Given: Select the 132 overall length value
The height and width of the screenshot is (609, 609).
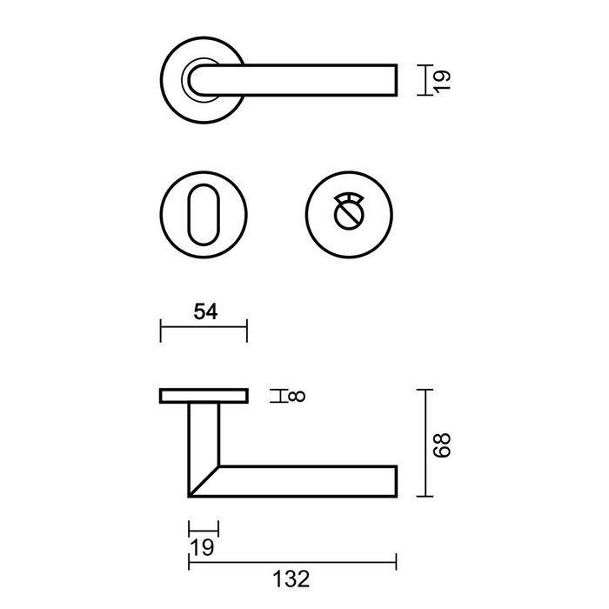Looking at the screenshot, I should click(291, 576).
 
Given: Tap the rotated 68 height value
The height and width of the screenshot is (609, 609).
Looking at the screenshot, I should click(444, 443).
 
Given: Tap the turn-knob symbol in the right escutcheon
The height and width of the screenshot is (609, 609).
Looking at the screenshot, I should click(348, 211).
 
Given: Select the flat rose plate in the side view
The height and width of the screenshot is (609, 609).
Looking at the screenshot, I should click(204, 397).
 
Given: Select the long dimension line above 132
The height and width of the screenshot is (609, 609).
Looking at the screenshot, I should click(291, 557).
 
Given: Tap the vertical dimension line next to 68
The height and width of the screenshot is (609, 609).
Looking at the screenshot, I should click(425, 443).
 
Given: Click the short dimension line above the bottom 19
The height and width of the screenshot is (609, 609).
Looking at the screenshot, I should click(204, 527).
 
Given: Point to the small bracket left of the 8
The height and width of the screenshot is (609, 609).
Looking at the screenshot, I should click(277, 397).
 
